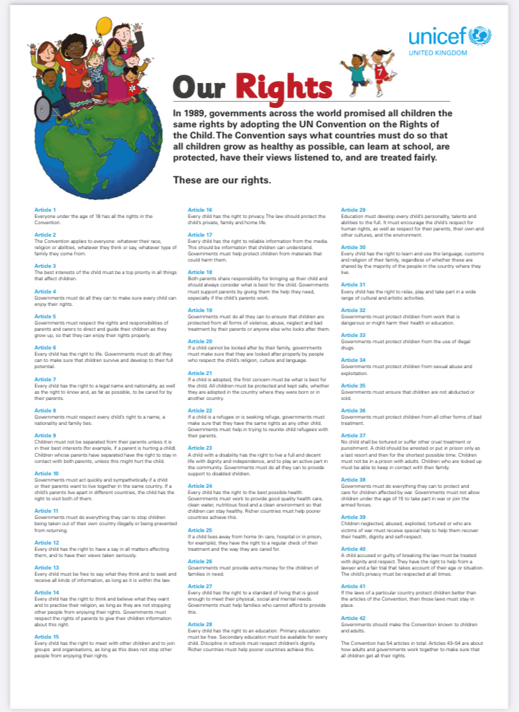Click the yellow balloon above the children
[x=104, y=26]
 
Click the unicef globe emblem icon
[x=479, y=35]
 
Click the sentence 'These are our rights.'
[x=222, y=181]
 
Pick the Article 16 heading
[x=200, y=209]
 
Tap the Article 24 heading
[x=200, y=485]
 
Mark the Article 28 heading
[x=200, y=624]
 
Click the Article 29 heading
[x=353, y=209]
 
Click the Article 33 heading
[x=353, y=335]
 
